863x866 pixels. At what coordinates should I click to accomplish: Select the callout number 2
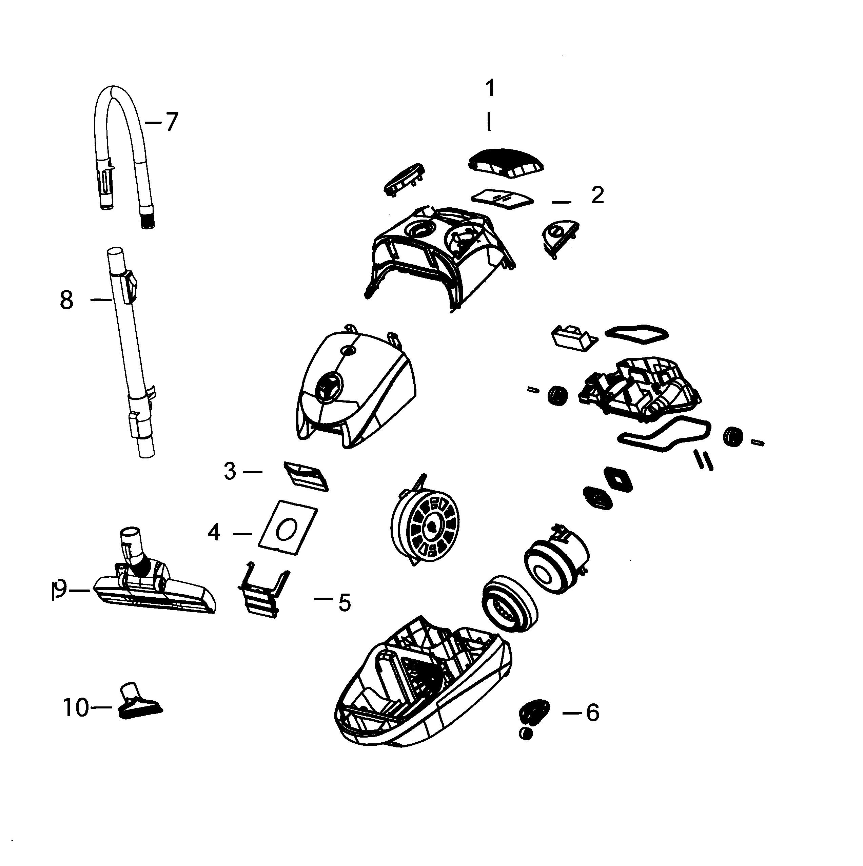597,195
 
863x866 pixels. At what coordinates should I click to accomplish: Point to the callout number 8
66,300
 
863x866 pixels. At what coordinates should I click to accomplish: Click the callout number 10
76,708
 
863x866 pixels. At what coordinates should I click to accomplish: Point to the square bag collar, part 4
288,529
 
